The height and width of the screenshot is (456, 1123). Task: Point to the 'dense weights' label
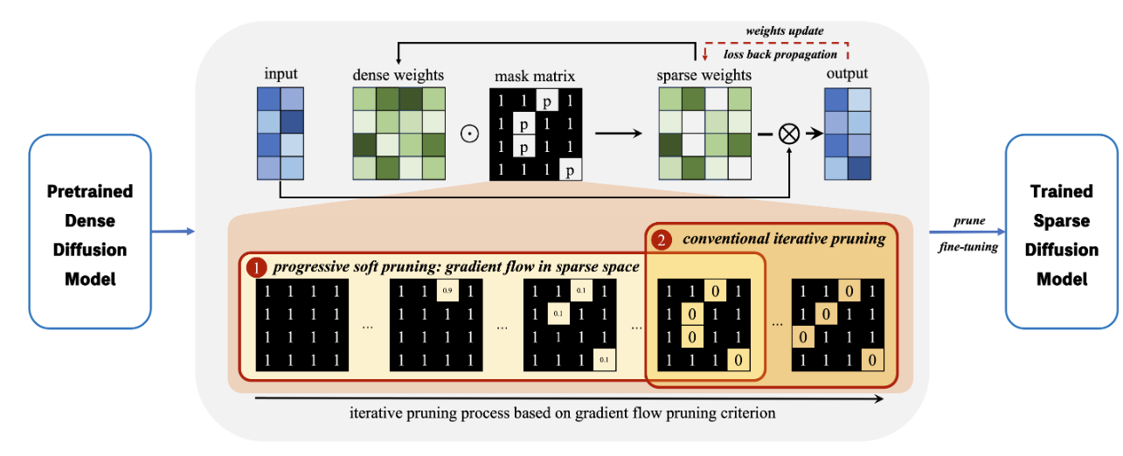(x=398, y=75)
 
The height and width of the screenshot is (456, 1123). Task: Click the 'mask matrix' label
(x=536, y=75)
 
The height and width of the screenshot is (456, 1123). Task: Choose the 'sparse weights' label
(x=704, y=75)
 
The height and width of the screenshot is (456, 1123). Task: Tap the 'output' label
(x=847, y=75)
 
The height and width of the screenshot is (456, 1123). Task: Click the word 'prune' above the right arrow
(x=969, y=221)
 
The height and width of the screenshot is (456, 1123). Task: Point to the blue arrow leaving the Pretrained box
(x=171, y=231)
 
